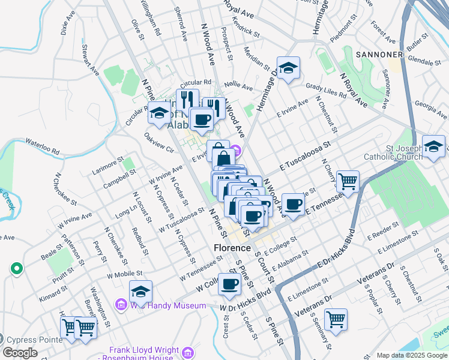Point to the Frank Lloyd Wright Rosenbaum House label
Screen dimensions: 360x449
click(144, 354)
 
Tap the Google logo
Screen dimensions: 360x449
click(20, 353)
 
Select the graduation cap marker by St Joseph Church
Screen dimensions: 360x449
click(433, 146)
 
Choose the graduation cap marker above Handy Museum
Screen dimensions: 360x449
click(140, 292)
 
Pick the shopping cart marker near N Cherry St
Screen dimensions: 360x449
click(348, 180)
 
